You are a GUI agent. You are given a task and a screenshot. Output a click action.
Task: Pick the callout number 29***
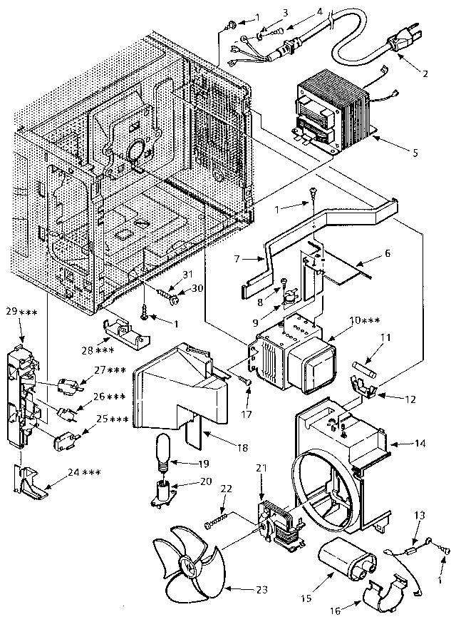pyautogui.click(x=19, y=313)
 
